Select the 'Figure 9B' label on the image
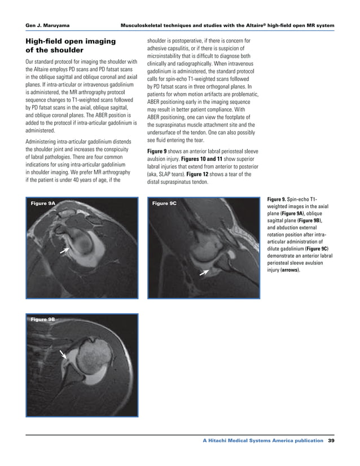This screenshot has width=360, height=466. pyautogui.click(x=43, y=319)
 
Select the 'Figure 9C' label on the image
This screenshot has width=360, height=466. pyautogui.click(x=165, y=203)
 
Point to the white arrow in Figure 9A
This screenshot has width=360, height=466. pyautogui.click(x=66, y=250)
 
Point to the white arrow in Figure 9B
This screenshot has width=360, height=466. pyautogui.click(x=64, y=354)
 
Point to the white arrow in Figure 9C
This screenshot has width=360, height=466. pyautogui.click(x=204, y=272)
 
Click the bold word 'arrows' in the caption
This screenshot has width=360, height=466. pyautogui.click(x=290, y=270)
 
